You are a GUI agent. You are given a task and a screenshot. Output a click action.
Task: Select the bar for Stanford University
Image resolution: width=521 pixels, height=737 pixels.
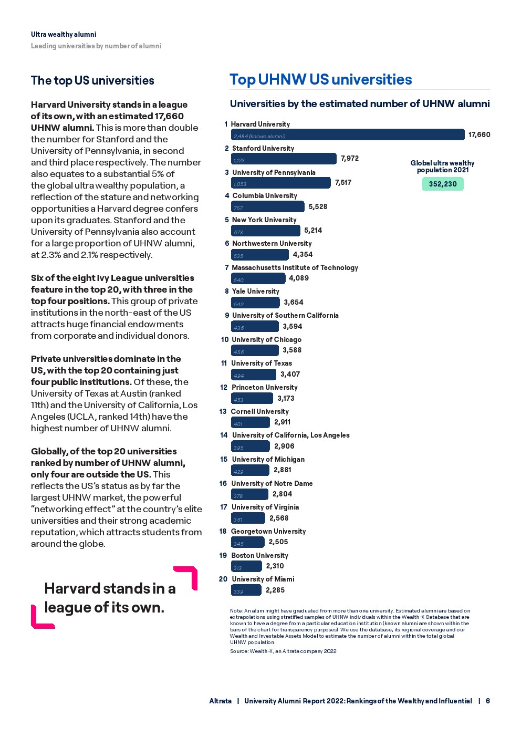(x=284, y=159)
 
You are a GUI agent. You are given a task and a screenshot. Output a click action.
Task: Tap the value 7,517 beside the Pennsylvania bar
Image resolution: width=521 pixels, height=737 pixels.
(x=343, y=182)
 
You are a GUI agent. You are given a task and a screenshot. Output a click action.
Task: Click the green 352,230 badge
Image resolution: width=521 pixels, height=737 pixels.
(x=443, y=184)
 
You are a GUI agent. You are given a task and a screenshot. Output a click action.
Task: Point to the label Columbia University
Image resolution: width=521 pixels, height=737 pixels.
(x=265, y=195)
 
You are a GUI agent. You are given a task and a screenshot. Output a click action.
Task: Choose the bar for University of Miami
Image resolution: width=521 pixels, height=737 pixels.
(x=246, y=590)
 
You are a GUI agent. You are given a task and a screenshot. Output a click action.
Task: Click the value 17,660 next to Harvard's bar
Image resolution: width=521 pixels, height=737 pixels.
(x=479, y=134)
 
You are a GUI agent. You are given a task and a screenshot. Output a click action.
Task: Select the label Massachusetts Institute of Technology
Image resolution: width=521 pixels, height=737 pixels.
(x=295, y=267)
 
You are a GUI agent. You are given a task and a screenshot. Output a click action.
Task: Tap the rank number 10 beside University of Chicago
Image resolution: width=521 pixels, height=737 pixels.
(x=225, y=339)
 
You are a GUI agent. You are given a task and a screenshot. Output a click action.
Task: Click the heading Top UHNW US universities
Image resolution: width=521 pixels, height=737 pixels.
(x=321, y=79)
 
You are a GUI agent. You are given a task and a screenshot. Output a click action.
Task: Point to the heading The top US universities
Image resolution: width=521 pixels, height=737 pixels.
(x=92, y=80)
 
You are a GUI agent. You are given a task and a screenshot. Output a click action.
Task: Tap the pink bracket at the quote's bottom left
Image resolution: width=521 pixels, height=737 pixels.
(x=39, y=619)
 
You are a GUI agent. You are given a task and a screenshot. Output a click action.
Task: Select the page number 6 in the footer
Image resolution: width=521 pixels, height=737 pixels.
(x=488, y=701)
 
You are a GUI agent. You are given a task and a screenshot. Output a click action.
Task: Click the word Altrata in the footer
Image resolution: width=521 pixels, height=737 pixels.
(x=220, y=701)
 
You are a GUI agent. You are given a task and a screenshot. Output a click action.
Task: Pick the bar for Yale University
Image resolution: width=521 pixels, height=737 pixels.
(x=255, y=303)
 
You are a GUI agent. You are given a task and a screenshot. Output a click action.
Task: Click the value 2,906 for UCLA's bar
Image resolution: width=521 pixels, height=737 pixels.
(x=284, y=446)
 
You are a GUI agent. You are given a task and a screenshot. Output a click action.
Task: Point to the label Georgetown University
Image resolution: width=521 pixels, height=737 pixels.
(x=268, y=531)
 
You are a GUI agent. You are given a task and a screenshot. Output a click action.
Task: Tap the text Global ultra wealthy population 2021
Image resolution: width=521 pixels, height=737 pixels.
(x=442, y=167)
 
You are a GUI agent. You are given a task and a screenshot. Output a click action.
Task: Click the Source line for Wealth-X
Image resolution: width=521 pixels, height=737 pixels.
(x=283, y=651)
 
